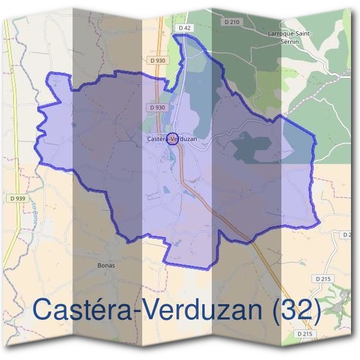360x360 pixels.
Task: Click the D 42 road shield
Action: [184, 29]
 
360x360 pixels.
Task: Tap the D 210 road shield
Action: [233, 22]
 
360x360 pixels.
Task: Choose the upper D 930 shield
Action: [158, 61]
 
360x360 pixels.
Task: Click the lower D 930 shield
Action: [156, 107]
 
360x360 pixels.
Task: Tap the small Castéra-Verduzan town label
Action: [171, 139]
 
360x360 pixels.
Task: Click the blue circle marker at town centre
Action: [172, 139]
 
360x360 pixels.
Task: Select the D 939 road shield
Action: [17, 198]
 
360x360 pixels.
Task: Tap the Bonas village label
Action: [106, 265]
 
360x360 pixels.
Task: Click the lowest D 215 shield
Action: [305, 333]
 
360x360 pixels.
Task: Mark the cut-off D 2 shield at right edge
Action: [347, 234]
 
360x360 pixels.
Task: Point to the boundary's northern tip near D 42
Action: [176, 35]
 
